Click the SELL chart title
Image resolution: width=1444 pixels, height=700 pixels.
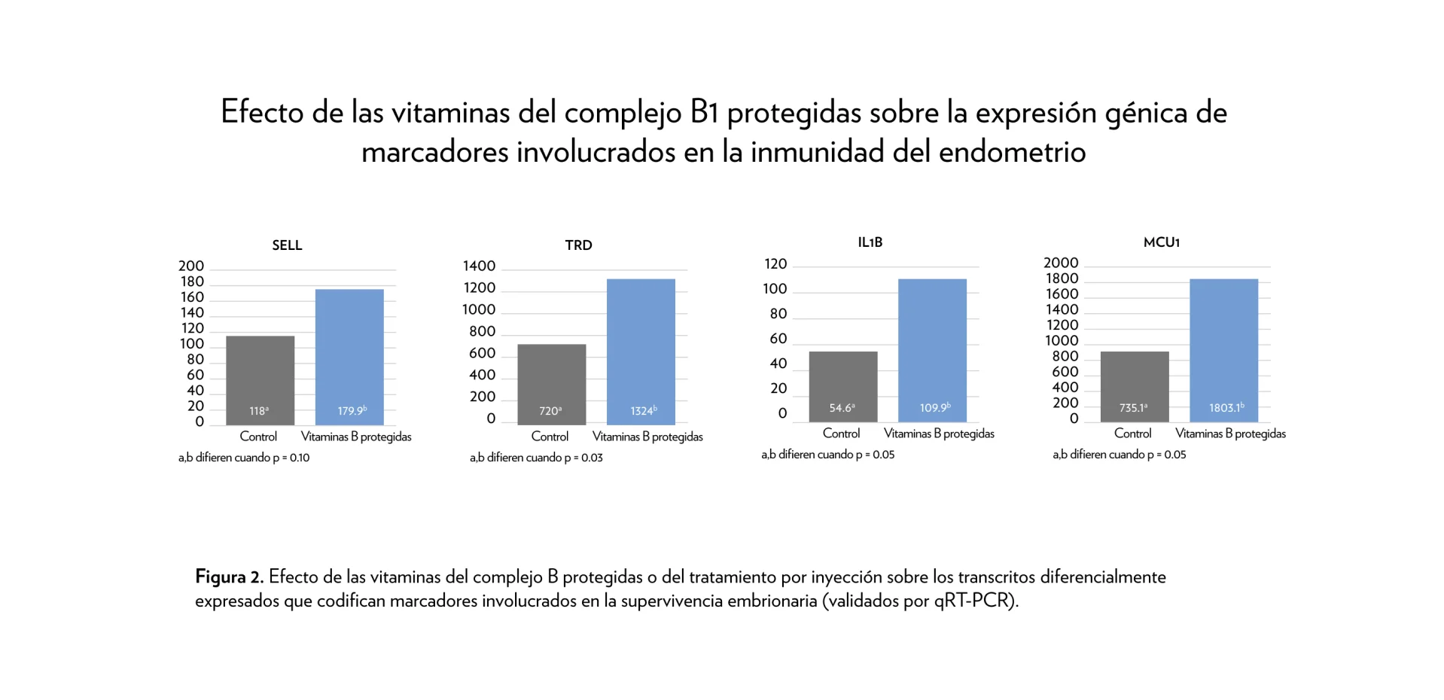pyautogui.click(x=287, y=245)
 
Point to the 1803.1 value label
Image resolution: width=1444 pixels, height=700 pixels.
pyautogui.click(x=1226, y=408)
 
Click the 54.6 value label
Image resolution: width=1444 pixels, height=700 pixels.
pyautogui.click(x=842, y=408)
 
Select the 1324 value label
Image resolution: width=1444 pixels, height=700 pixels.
pyautogui.click(x=643, y=411)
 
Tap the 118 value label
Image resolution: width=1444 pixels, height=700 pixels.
pyautogui.click(x=259, y=411)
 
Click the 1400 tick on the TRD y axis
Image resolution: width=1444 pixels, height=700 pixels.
pyautogui.click(x=479, y=266)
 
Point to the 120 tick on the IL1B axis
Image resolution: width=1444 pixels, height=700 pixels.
pyautogui.click(x=775, y=264)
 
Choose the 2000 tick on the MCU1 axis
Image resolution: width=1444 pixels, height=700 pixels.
pyautogui.click(x=1061, y=263)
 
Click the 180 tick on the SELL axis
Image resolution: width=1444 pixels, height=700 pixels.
pyautogui.click(x=192, y=282)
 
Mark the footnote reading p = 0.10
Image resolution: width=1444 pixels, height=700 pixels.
pyautogui.click(x=244, y=458)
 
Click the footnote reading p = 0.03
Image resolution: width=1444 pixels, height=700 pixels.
pyautogui.click(x=536, y=458)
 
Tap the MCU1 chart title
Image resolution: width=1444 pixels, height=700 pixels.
pyautogui.click(x=1161, y=242)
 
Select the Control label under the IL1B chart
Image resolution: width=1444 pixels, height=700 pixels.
pyautogui.click(x=841, y=434)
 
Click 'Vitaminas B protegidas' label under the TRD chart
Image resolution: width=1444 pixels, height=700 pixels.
pyautogui.click(x=647, y=437)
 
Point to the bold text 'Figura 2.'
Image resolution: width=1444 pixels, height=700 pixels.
pyautogui.click(x=229, y=577)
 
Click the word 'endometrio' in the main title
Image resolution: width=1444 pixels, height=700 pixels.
pyautogui.click(x=1012, y=152)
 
